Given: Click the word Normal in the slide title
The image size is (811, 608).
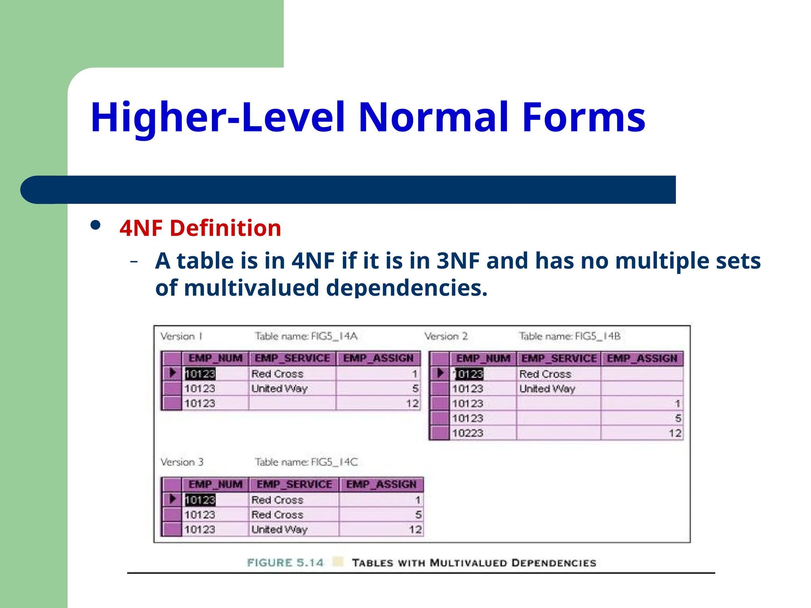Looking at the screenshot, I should (x=433, y=117).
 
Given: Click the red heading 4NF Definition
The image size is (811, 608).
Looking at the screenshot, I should (x=200, y=228).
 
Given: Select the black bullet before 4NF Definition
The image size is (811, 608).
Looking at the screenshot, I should (x=95, y=225).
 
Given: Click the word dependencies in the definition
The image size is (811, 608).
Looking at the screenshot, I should (x=407, y=288).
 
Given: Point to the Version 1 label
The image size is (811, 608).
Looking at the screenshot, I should (x=181, y=336).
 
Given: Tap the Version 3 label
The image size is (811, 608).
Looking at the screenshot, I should (x=182, y=462).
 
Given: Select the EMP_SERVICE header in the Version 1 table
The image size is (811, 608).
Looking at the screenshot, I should (x=292, y=358).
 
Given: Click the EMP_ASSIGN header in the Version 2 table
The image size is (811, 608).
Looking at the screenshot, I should (x=642, y=359).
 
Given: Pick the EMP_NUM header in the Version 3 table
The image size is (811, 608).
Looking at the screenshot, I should (x=215, y=484).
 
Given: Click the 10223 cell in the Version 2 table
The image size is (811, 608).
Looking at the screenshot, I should (x=468, y=433).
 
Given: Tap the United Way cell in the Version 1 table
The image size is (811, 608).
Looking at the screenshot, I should (x=280, y=389).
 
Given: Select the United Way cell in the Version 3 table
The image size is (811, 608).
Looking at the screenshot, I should (x=280, y=530).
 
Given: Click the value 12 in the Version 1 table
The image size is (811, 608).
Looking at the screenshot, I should (x=412, y=403).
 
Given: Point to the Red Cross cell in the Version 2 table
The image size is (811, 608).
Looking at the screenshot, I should (x=545, y=374).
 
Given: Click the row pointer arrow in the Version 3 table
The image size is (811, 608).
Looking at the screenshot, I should (x=173, y=499).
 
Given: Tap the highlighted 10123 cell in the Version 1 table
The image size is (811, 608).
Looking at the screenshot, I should (x=200, y=374).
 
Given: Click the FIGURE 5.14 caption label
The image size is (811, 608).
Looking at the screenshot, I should (x=285, y=562).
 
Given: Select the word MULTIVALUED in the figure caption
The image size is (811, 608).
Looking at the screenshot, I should (x=468, y=563).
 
